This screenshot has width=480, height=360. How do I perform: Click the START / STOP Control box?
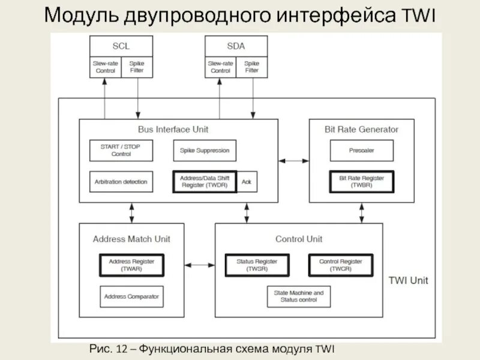coord(121,150)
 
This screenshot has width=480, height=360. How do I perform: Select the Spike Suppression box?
coord(205,150)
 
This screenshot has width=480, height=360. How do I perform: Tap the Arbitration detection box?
coord(121,182)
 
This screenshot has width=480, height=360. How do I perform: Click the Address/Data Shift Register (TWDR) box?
coord(205,182)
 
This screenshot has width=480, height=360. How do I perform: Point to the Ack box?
coord(247,182)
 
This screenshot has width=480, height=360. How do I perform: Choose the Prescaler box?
coord(361,150)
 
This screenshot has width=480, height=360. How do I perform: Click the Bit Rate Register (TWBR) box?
coord(361,182)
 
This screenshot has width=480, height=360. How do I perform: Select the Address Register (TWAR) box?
coord(131,265)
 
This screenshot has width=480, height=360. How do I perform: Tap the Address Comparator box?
coord(131,296)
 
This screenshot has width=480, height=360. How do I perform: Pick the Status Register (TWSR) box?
coord(257,265)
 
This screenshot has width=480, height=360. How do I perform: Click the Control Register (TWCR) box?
coord(340,265)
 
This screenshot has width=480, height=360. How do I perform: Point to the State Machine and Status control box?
coord(298,296)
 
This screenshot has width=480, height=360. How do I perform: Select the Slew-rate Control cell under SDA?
coord(220,67)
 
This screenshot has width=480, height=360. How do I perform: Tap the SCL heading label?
coord(121,46)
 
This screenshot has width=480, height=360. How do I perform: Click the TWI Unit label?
coord(408,280)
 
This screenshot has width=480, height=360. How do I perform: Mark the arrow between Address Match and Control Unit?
coord(200,265)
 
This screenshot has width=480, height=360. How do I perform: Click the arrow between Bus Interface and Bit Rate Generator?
coord(293,161)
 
